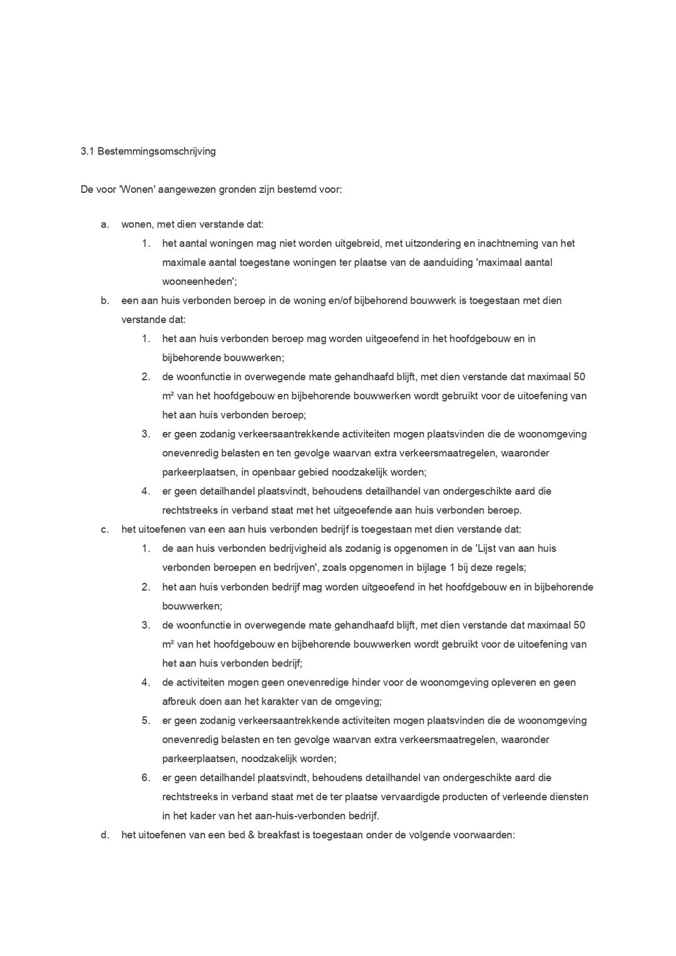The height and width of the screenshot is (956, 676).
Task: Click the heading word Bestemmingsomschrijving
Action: coord(156,152)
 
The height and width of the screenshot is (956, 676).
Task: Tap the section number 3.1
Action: coord(87,152)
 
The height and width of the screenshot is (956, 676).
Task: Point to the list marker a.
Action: coord(105,224)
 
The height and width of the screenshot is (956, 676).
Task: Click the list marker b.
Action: coord(105,301)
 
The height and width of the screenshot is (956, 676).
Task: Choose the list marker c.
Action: coord(105,530)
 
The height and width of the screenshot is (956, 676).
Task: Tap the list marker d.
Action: coord(105,835)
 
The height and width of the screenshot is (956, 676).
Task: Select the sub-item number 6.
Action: coord(145,778)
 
